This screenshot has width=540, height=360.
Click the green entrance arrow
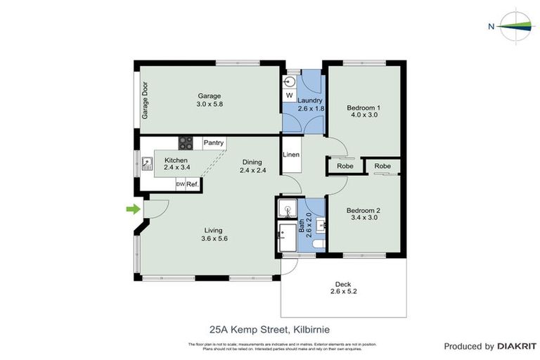point(131,209)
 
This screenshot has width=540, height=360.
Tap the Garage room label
point(209,96)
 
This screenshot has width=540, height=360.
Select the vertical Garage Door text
point(146,101)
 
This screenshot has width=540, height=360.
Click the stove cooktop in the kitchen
point(186,143)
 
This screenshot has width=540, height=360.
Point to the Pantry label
point(214,143)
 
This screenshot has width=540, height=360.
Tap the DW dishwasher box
point(180,184)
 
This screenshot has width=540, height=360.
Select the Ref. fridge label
point(192,184)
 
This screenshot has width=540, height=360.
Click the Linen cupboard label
point(291,155)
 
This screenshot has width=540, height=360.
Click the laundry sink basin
point(290,79)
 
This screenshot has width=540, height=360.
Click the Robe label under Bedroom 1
point(345,166)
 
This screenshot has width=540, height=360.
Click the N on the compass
point(491,27)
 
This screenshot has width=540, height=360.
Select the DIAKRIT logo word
point(517,347)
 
